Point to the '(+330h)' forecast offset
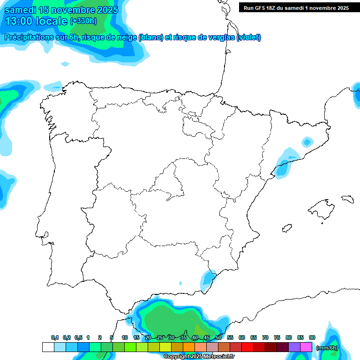[x=83, y=21]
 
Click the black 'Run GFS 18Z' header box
[x=296, y=7]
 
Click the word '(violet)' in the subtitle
[x=249, y=37]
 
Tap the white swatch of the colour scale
[x=48, y=347]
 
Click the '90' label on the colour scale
[x=312, y=338]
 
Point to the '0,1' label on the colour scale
[x=55, y=338]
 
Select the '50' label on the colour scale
[x=218, y=338]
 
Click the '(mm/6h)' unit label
[x=327, y=348]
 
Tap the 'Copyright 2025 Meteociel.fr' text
[x=199, y=357]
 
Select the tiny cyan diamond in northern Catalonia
[x=307, y=141]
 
